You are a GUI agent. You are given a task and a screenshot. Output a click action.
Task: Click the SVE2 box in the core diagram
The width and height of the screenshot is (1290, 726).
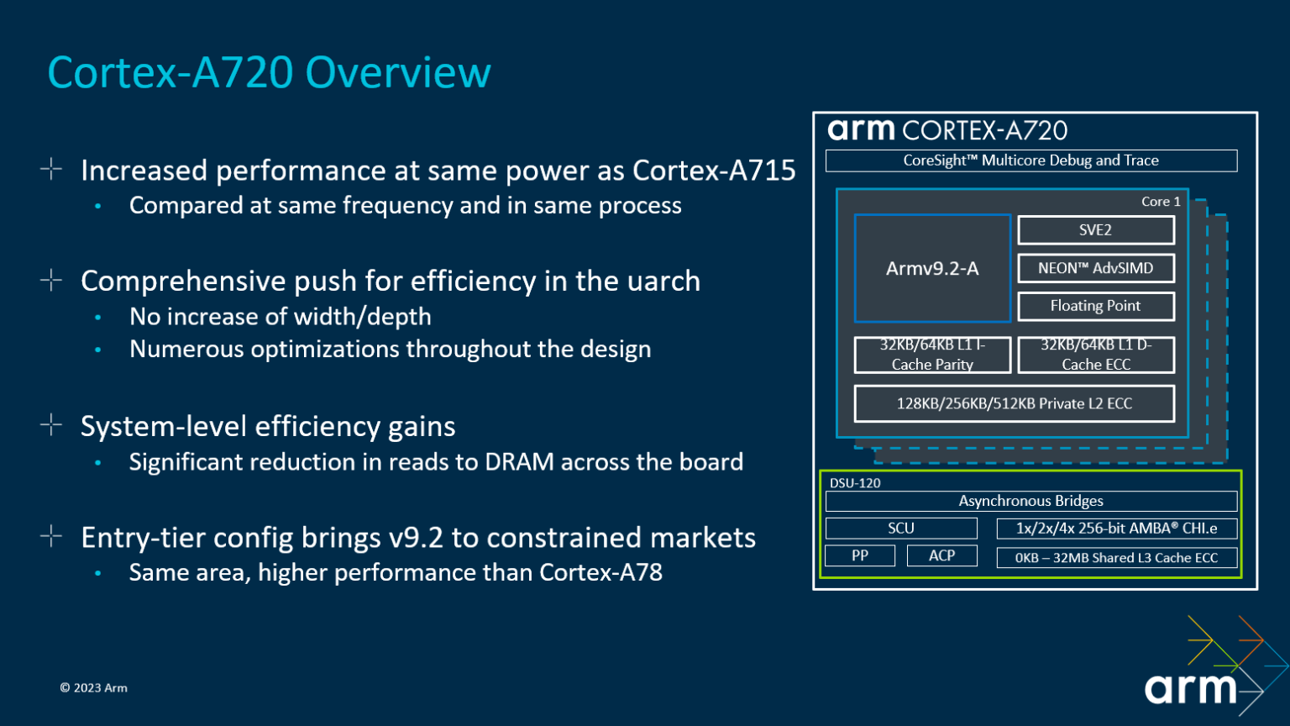(x=1095, y=230)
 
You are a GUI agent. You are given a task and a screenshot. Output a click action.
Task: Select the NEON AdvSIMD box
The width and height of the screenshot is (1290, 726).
(x=1095, y=268)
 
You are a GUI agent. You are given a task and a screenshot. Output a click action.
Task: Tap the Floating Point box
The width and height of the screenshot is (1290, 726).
(x=1095, y=306)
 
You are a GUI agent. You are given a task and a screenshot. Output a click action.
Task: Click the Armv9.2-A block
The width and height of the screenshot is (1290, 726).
(x=932, y=269)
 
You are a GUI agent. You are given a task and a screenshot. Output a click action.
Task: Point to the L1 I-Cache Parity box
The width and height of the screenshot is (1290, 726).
(x=932, y=355)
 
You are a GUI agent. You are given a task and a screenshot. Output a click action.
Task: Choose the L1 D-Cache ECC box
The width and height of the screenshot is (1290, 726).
(x=1095, y=355)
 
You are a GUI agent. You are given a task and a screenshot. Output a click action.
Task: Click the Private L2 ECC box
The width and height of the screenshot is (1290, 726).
(x=1014, y=403)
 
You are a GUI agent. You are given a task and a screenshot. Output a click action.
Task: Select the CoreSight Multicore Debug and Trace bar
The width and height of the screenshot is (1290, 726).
(x=1030, y=160)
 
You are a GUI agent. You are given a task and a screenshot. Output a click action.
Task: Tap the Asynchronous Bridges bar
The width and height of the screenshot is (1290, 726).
(x=1030, y=501)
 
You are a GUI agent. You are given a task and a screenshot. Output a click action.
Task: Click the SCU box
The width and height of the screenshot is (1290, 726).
(x=900, y=529)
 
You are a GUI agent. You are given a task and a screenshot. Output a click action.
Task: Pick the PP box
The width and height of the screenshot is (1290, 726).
(x=859, y=555)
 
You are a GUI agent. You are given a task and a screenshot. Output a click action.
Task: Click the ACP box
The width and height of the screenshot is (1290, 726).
(x=941, y=555)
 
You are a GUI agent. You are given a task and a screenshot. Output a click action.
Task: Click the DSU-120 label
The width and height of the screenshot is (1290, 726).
(x=855, y=483)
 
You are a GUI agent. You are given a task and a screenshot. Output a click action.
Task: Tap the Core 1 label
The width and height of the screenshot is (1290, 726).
(x=1161, y=202)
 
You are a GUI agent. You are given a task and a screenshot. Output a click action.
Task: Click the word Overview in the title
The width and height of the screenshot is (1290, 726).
(x=397, y=73)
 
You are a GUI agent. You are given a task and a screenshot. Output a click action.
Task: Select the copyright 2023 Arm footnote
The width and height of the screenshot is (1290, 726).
(x=94, y=687)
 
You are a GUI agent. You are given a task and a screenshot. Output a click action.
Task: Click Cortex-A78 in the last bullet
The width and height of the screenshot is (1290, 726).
(x=600, y=572)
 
